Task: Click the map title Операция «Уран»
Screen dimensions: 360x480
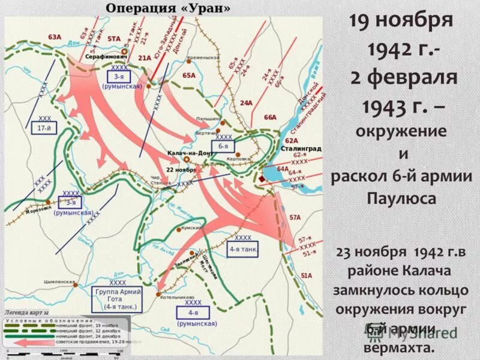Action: click(x=168, y=8)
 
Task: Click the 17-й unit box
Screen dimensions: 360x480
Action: click(x=44, y=127)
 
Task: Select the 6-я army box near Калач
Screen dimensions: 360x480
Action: click(x=223, y=146)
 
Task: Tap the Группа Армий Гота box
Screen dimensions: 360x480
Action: click(x=118, y=299)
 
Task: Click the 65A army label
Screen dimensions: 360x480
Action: click(x=189, y=76)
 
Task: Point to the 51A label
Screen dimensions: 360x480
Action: click(x=306, y=275)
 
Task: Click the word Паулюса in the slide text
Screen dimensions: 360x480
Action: click(x=400, y=199)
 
